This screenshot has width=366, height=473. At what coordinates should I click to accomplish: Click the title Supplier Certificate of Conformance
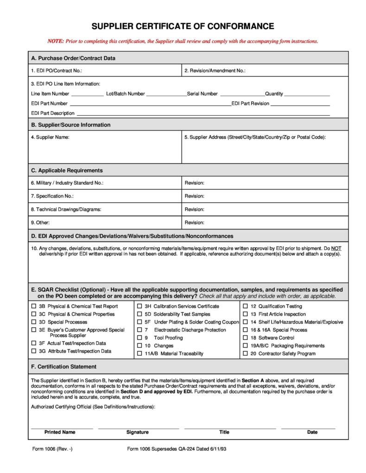tap(183, 26)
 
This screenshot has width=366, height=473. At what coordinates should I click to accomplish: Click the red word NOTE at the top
tap(56, 41)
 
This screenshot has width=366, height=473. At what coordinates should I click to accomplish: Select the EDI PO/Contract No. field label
tap(57, 71)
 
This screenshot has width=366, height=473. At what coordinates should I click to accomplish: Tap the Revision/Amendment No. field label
tap(215, 71)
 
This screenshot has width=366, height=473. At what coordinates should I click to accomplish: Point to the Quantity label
tap(274, 93)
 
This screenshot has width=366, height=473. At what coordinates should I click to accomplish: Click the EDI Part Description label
tap(53, 113)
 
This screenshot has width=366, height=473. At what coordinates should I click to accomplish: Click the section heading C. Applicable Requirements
tap(67, 170)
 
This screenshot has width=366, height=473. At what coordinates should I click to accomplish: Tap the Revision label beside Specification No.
tap(194, 196)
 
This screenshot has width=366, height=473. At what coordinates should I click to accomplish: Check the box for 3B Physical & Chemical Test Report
tap(34, 306)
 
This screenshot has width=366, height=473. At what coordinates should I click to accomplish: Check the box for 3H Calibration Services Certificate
tap(139, 306)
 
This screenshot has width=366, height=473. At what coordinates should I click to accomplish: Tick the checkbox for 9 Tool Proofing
tap(139, 338)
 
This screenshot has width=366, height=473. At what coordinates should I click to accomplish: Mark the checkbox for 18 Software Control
tap(246, 338)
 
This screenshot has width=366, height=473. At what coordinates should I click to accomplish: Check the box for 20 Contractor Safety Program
tap(246, 354)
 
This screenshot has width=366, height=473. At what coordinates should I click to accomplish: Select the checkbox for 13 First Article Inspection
tap(246, 314)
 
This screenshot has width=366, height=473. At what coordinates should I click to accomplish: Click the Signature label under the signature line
tap(138, 432)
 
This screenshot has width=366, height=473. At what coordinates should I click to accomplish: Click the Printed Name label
tap(60, 432)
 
